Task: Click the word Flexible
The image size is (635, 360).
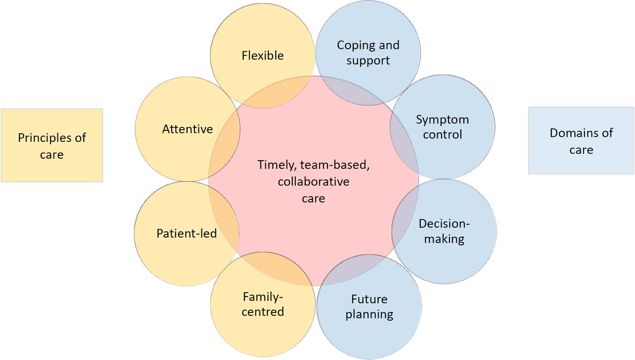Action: pos(262,56)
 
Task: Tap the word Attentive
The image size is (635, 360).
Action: pos(188,129)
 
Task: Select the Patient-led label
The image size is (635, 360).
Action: pos(187,234)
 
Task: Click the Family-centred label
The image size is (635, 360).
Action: pos(263,304)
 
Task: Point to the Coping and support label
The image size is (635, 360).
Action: pos(368,53)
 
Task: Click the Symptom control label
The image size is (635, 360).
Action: pos(442,127)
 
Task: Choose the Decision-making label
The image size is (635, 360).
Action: pos(444,231)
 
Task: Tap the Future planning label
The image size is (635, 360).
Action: pos(369,307)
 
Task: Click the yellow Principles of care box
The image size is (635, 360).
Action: pos(52,145)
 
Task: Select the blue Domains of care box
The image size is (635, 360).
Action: pos(581,141)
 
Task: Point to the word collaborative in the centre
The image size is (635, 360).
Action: pos(314,181)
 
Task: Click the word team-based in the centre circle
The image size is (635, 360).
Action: pos(335,165)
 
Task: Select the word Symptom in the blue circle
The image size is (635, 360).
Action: pos(442,120)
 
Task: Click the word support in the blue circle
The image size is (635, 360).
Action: pos(368,60)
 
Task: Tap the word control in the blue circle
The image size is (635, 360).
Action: pos(442,135)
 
